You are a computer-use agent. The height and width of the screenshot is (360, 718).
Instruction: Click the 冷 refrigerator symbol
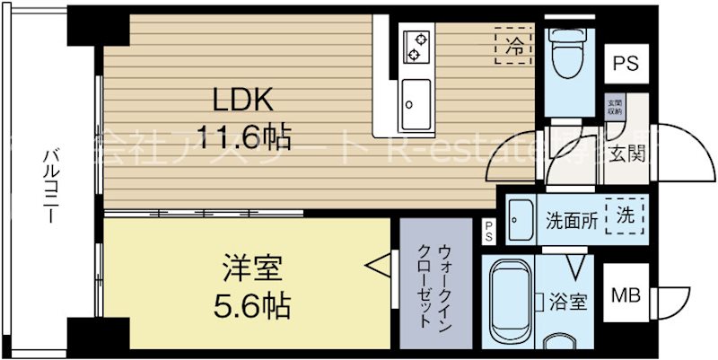512,45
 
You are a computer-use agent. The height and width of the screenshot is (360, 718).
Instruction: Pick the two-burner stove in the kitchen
416,45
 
